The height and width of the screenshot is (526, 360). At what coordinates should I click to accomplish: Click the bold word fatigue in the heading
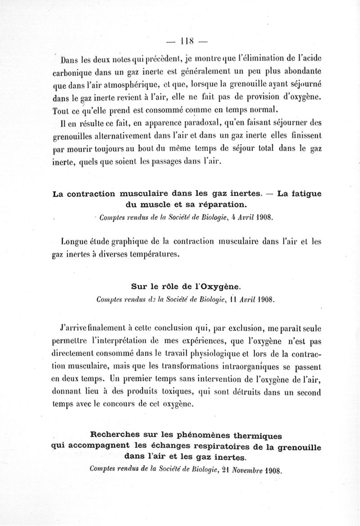point(303,194)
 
